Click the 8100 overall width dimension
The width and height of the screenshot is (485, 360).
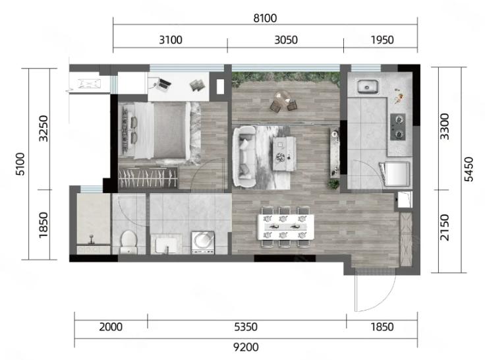pyautogui.click(x=265, y=18)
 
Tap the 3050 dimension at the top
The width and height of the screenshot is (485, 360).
pyautogui.click(x=286, y=40)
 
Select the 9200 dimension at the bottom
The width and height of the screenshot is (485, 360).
pyautogui.click(x=246, y=347)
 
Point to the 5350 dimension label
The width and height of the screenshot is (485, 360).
pyautogui.click(x=246, y=327)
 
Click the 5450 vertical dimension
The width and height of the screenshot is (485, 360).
pyautogui.click(x=469, y=169)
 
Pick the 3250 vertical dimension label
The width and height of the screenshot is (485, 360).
pyautogui.click(x=43, y=129)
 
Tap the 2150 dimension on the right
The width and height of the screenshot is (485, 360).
pyautogui.click(x=445, y=227)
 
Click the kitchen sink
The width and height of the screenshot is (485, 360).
pyautogui.click(x=368, y=86)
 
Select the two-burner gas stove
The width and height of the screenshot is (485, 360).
pyautogui.click(x=398, y=127)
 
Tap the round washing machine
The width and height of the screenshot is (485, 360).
pyautogui.click(x=203, y=242)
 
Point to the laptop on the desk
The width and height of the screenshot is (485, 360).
pyautogui.click(x=163, y=85)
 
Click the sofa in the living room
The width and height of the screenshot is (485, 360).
pyautogui.click(x=245, y=157)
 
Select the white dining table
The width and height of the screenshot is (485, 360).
pyautogui.click(x=286, y=227)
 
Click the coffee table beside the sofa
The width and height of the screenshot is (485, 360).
pyautogui.click(x=284, y=154)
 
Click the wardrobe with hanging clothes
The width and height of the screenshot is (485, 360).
pyautogui.click(x=148, y=177)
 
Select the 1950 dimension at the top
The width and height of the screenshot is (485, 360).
pyautogui.click(x=382, y=40)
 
